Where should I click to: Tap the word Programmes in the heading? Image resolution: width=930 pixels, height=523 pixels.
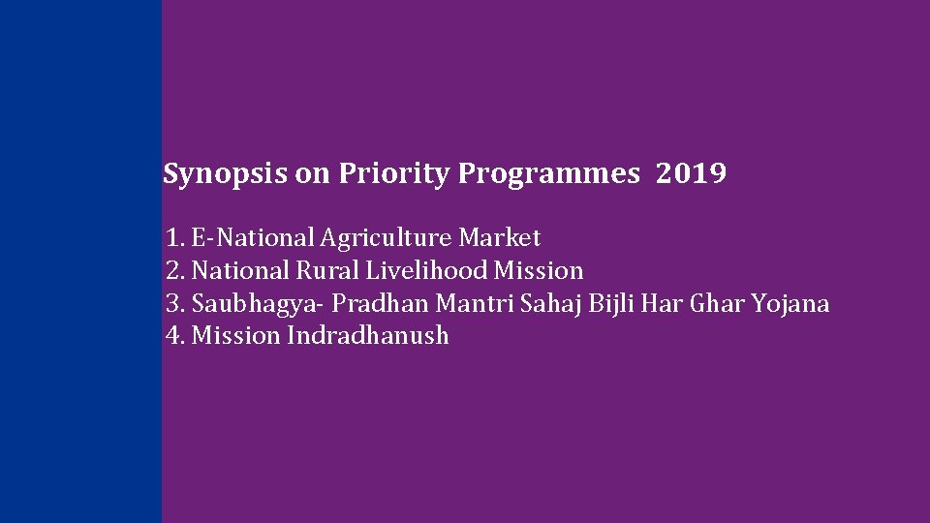tap(549, 175)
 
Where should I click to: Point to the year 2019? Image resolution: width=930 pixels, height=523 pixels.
tap(691, 175)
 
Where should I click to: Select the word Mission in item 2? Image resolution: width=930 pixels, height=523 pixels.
tap(539, 271)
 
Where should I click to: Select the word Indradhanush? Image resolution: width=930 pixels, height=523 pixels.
tap(368, 337)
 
